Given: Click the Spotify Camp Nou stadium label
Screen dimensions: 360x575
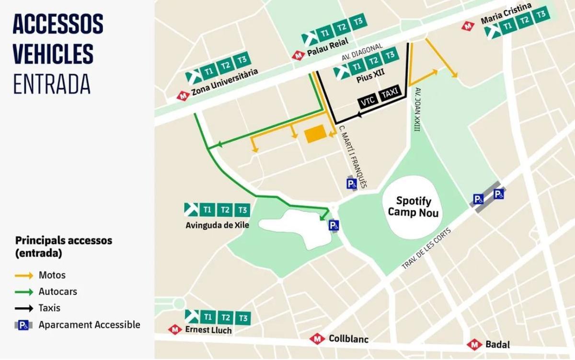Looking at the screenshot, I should tap(413, 207).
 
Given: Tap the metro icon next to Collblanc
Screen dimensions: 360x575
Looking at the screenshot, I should tap(317, 339).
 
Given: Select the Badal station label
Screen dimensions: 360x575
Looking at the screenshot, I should tap(497, 344).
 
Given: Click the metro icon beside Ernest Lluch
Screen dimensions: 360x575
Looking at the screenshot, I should tap(175, 330).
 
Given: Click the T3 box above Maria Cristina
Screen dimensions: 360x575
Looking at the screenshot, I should tap(541, 14).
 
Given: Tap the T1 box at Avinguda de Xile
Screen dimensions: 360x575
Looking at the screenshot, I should tap(207, 209).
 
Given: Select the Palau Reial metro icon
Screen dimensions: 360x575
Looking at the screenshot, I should tap(298, 56).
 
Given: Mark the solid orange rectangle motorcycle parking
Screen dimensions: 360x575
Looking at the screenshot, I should tap(314, 134).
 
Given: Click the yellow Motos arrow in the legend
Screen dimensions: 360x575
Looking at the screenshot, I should tap(24, 276).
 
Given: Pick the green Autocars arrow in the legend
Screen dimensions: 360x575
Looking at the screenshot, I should tap(24, 292).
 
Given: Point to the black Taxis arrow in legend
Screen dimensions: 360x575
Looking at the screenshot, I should tap(24, 308).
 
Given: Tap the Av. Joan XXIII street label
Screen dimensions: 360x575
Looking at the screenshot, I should tap(417, 109).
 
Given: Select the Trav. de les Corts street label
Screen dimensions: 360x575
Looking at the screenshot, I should tap(426, 248).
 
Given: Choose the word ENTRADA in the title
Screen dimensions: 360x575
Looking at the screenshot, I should tap(51, 84).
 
